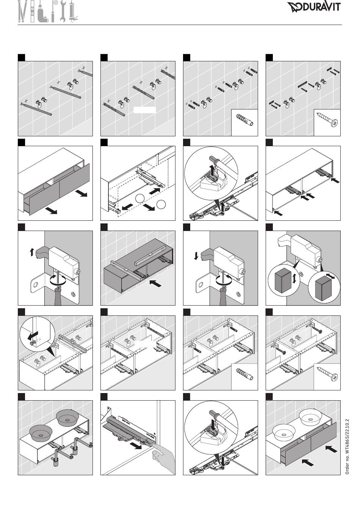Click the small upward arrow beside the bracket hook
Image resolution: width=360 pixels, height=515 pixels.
(x=32, y=251)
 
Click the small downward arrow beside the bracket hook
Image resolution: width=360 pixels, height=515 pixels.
(x=196, y=256)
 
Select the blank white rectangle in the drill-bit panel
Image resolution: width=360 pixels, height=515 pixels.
(x=144, y=110)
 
